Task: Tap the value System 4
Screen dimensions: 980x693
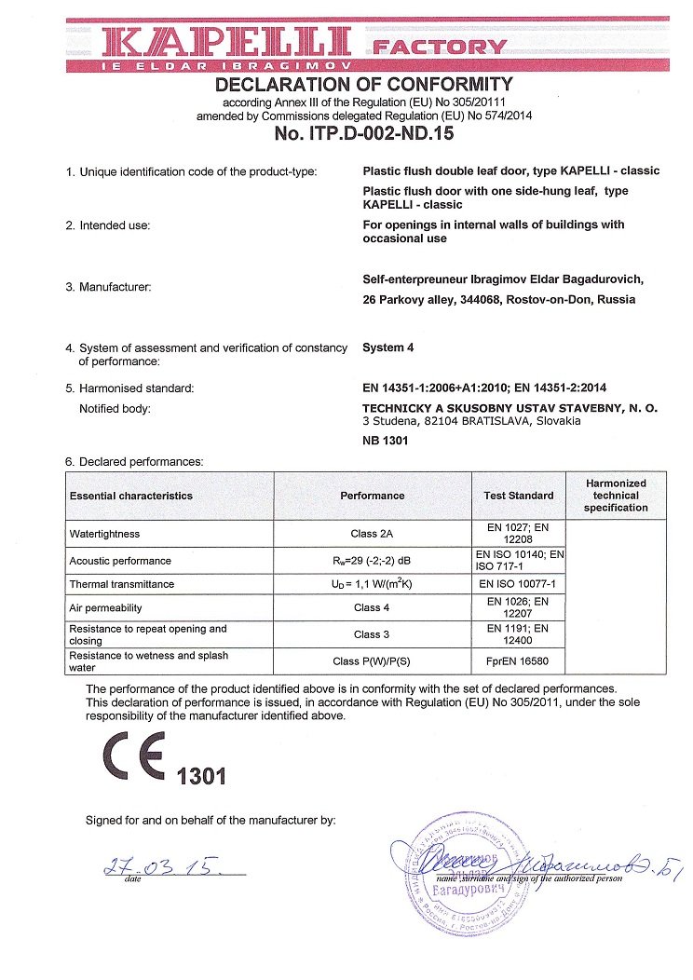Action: [387, 347]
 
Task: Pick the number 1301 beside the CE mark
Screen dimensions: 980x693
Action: [200, 775]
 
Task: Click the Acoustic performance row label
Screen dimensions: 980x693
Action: [120, 561]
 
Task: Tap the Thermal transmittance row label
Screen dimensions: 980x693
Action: [122, 584]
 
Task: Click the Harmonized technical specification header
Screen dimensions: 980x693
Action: [615, 496]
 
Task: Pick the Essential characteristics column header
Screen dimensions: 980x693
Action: [131, 496]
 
